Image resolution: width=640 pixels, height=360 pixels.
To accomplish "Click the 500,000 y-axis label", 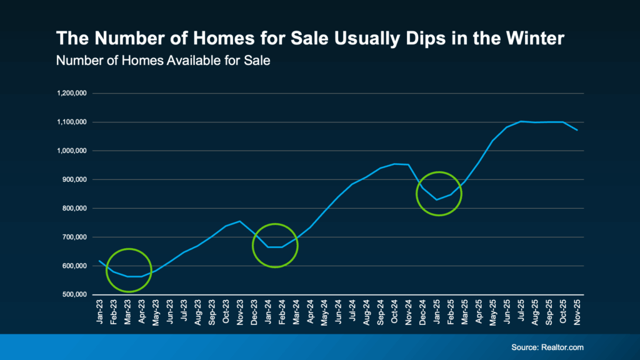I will pyautogui.click(x=72, y=295).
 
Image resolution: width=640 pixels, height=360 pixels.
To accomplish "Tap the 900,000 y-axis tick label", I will pyautogui.click(x=72, y=180).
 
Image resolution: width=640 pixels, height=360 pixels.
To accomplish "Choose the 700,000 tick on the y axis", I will pyautogui.click(x=72, y=237).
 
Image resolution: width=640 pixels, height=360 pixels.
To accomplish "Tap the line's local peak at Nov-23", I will pyautogui.click(x=240, y=221).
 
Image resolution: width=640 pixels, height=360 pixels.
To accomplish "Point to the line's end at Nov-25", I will pyautogui.click(x=578, y=130).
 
